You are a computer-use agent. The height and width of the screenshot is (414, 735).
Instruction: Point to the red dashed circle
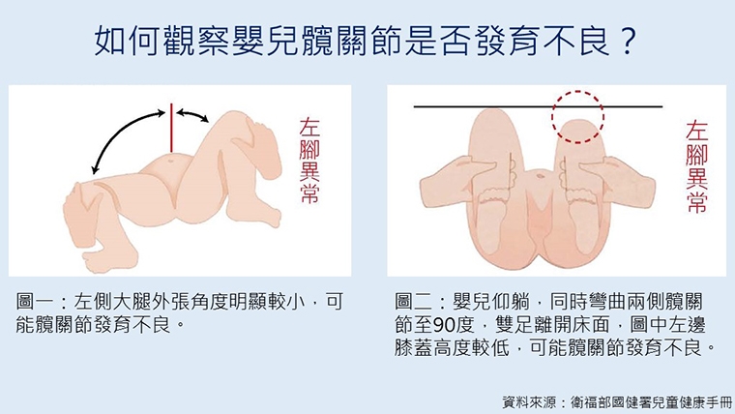(577, 115)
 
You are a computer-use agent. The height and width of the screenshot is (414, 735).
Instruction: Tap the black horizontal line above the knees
(464, 105)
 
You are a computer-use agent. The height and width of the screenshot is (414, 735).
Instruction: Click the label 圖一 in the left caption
(36, 300)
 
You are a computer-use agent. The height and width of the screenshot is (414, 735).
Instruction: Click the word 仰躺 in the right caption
(502, 300)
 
